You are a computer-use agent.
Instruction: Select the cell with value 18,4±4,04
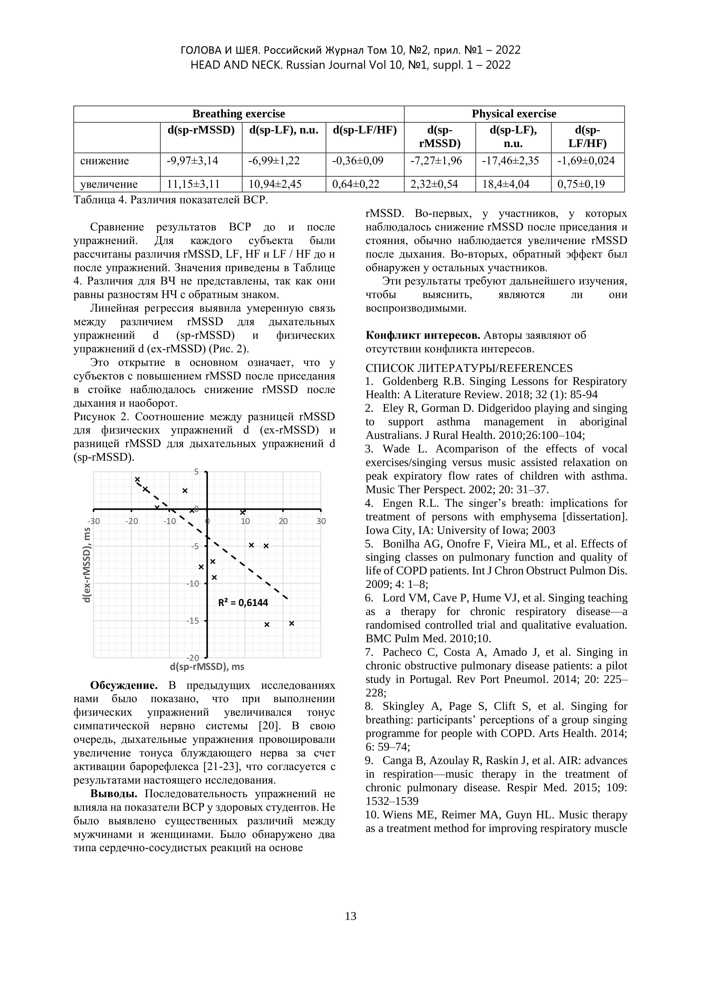pyautogui.click(x=505, y=184)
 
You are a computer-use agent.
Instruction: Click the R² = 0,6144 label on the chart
pyautogui.click(x=243, y=602)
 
